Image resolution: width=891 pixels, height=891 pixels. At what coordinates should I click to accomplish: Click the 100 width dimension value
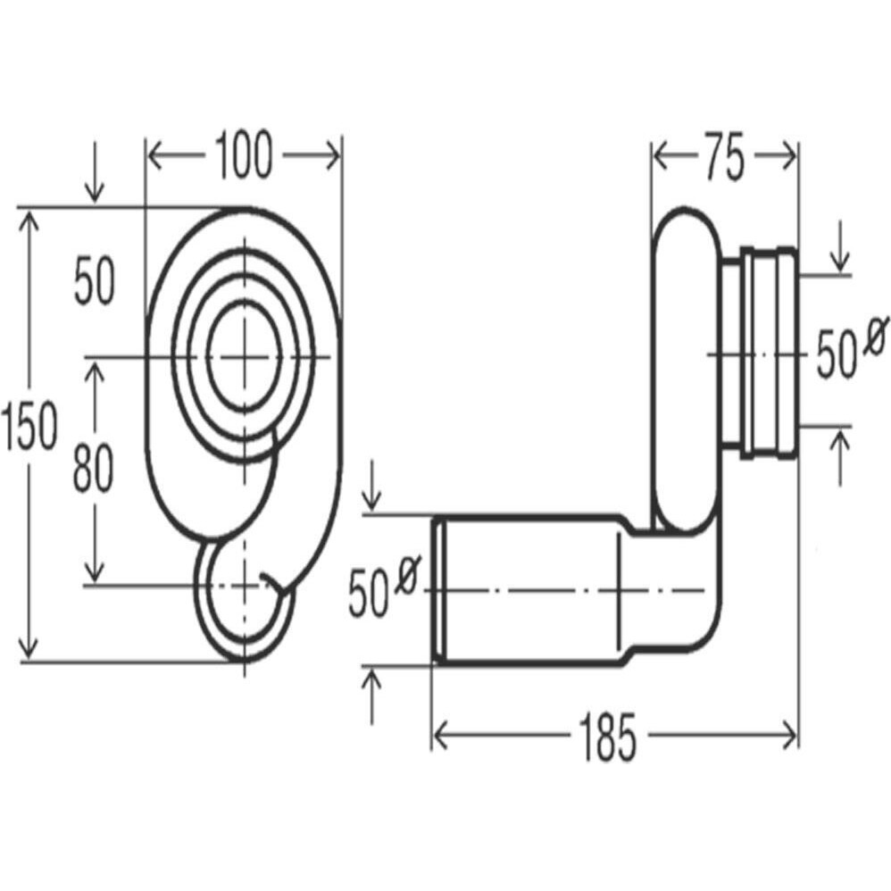click(x=244, y=155)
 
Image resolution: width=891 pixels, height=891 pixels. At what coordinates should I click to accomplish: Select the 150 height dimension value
click(x=29, y=425)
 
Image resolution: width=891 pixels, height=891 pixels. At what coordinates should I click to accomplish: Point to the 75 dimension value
click(x=724, y=157)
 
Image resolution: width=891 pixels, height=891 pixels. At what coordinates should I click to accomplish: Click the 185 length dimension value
click(x=607, y=737)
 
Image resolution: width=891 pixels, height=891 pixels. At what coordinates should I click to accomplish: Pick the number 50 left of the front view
click(x=95, y=280)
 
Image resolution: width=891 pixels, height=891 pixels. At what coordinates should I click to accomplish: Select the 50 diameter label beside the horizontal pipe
click(x=368, y=595)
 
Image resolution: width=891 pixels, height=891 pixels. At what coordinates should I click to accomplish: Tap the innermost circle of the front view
click(x=245, y=355)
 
